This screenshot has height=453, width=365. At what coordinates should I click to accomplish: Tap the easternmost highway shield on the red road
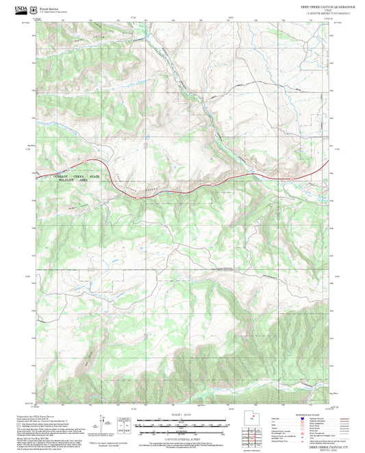click(292, 179)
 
